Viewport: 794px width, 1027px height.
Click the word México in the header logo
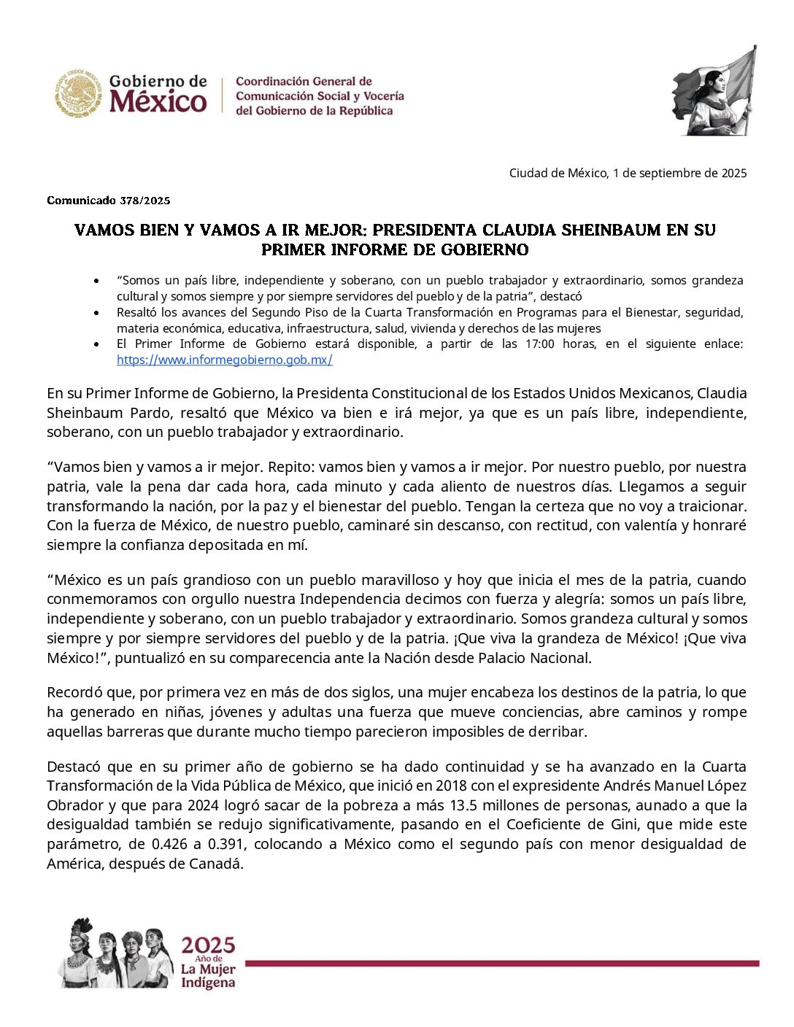(x=158, y=101)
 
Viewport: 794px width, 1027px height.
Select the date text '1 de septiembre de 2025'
(x=679, y=173)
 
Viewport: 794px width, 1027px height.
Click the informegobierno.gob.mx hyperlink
(x=224, y=360)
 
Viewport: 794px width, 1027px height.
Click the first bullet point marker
(x=97, y=281)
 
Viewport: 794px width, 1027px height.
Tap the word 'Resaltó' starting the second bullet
(x=136, y=312)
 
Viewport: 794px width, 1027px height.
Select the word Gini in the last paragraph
(x=620, y=824)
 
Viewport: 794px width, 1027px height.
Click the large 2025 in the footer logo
(x=208, y=945)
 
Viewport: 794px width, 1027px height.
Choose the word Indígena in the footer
(x=208, y=983)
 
